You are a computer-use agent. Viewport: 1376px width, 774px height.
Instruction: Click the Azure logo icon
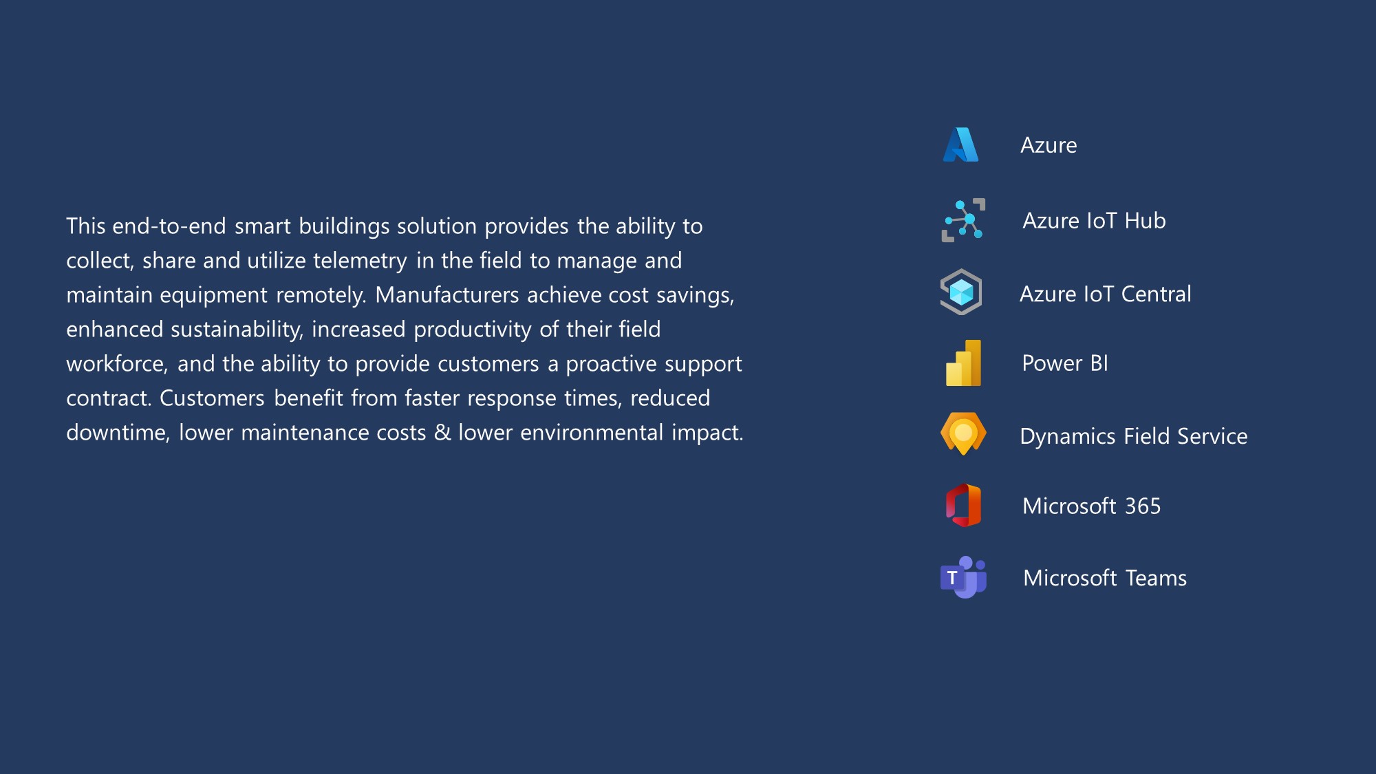960,144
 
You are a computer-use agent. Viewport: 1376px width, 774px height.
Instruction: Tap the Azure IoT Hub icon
963,220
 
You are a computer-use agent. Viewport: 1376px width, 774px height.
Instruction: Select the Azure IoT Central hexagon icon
961,292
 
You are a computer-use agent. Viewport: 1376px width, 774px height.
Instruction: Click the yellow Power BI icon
963,363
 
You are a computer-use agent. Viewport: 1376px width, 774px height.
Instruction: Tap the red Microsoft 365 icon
963,505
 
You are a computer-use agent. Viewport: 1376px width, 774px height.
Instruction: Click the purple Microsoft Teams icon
963,577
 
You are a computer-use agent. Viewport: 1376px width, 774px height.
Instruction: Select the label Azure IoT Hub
1094,220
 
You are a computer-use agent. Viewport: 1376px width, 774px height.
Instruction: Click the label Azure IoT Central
1105,294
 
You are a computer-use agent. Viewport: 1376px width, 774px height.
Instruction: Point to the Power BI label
1065,363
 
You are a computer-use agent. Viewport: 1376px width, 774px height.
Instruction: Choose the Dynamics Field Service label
1133,436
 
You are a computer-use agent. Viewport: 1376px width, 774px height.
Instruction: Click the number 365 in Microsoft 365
1143,506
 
